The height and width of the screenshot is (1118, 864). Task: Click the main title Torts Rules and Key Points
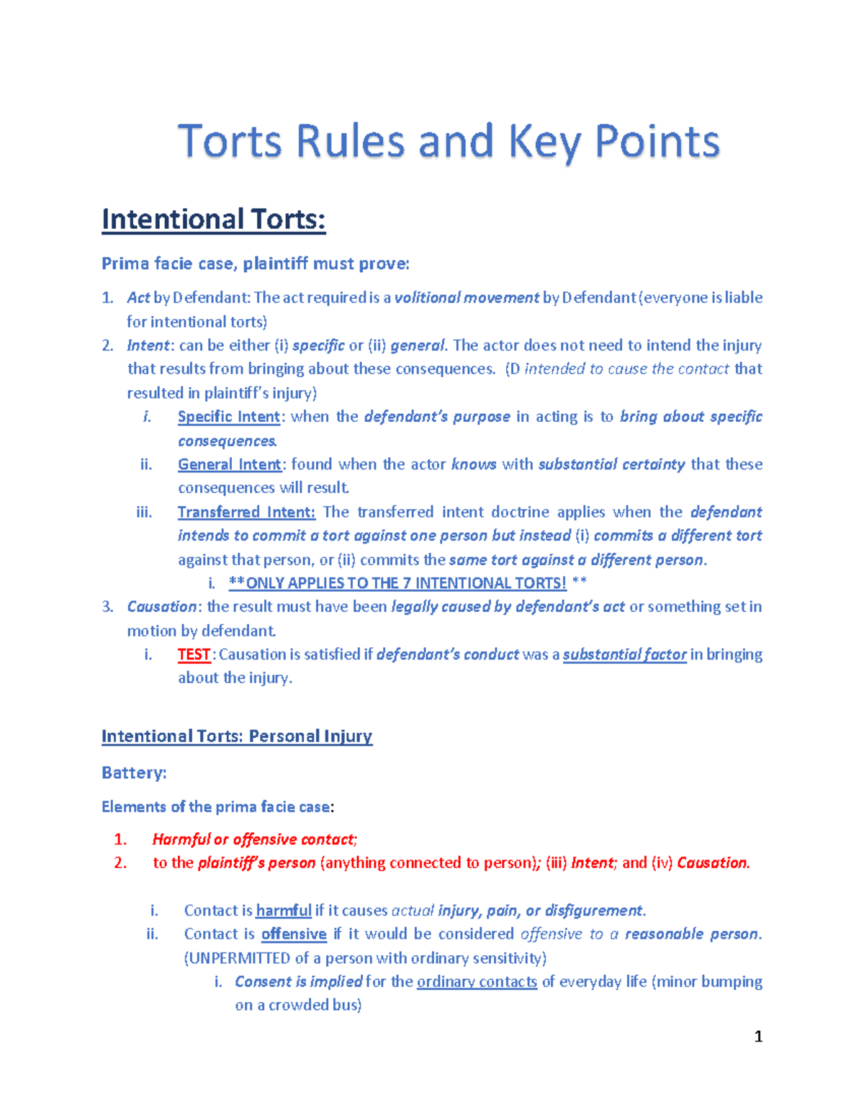coord(449,141)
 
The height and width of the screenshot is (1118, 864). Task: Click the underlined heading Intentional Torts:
coord(214,219)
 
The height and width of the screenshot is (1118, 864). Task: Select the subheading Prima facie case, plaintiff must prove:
coord(255,263)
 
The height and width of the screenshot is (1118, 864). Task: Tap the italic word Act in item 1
coord(138,297)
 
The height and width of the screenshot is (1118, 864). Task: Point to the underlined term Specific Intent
coord(229,417)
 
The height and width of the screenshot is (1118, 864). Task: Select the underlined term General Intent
coord(229,464)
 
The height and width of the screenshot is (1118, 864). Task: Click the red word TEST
coord(194,654)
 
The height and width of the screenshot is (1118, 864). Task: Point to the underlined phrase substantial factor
coord(624,654)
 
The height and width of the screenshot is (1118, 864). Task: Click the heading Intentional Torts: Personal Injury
coord(237,736)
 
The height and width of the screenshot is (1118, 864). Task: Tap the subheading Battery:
coord(134,772)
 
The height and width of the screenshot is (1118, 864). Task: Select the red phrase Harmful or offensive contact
coord(253,839)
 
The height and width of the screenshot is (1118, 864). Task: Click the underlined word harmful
coord(284,910)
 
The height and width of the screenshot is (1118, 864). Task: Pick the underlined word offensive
coord(294,934)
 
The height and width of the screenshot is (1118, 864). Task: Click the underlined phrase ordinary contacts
coord(477,981)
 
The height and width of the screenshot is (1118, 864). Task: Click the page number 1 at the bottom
coord(757,1036)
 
